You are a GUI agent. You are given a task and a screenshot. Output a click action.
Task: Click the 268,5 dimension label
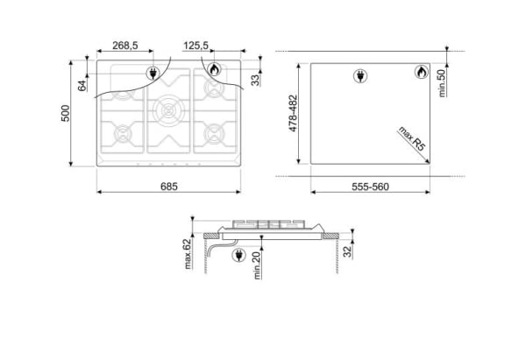click(125, 46)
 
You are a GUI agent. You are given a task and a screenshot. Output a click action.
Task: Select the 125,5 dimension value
click(195, 46)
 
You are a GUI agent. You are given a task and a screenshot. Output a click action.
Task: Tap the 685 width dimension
click(168, 187)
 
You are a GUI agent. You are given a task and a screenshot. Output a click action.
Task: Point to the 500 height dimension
click(66, 113)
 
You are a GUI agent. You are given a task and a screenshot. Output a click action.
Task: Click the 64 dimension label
click(82, 86)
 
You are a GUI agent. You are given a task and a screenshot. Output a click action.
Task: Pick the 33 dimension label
click(255, 80)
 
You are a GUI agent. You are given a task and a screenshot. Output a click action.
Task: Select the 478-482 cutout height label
click(293, 113)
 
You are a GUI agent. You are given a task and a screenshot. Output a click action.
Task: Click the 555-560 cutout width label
click(370, 187)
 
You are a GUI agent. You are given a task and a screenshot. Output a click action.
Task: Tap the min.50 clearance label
click(442, 83)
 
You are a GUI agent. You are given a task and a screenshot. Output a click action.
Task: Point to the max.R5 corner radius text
click(412, 138)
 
